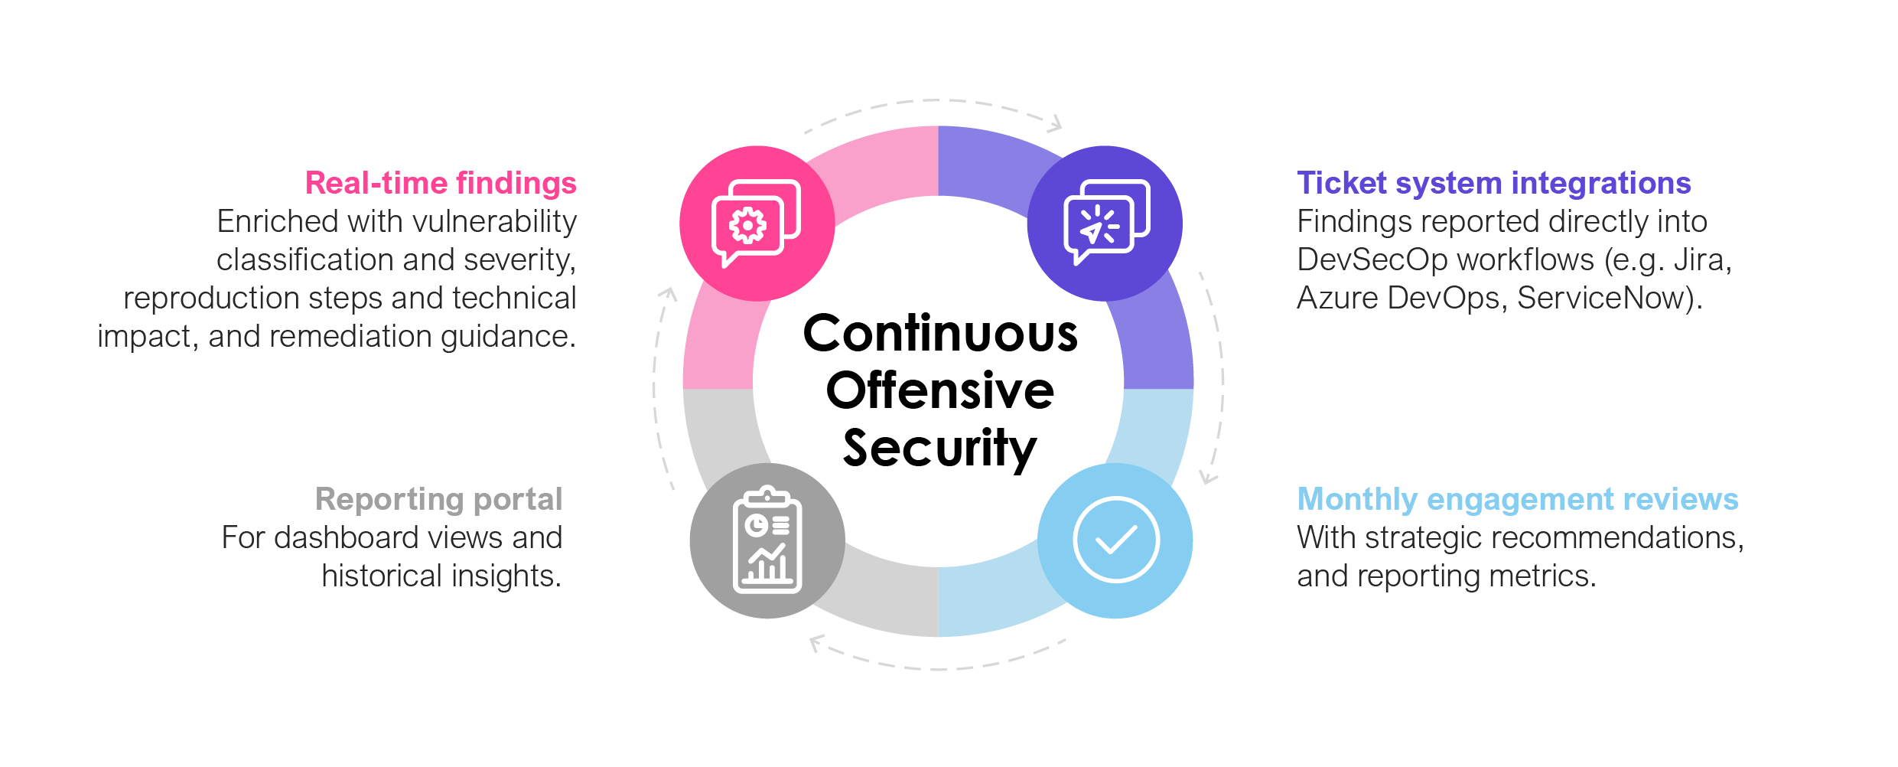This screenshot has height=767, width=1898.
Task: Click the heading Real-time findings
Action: [x=441, y=184]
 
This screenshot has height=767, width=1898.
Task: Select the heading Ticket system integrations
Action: [x=1493, y=184]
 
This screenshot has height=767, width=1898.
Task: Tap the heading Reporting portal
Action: [x=438, y=499]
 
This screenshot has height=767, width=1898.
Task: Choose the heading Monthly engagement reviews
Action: [x=1518, y=499]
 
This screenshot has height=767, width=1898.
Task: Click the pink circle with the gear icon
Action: [x=757, y=224]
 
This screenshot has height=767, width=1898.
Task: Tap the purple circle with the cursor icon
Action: [x=1105, y=224]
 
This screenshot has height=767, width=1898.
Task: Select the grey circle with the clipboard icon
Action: [x=767, y=540]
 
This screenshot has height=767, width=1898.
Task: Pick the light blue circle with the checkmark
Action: [x=1115, y=540]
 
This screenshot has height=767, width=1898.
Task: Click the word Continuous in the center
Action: [x=940, y=335]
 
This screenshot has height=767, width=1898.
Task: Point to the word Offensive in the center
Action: [x=940, y=391]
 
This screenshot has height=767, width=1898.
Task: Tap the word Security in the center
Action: [x=940, y=449]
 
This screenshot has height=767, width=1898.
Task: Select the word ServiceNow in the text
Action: [x=1604, y=299]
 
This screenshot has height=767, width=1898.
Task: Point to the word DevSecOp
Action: [x=1369, y=260]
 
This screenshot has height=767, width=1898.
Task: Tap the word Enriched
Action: [x=278, y=222]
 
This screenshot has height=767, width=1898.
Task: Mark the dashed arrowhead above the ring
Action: [x=1056, y=123]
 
